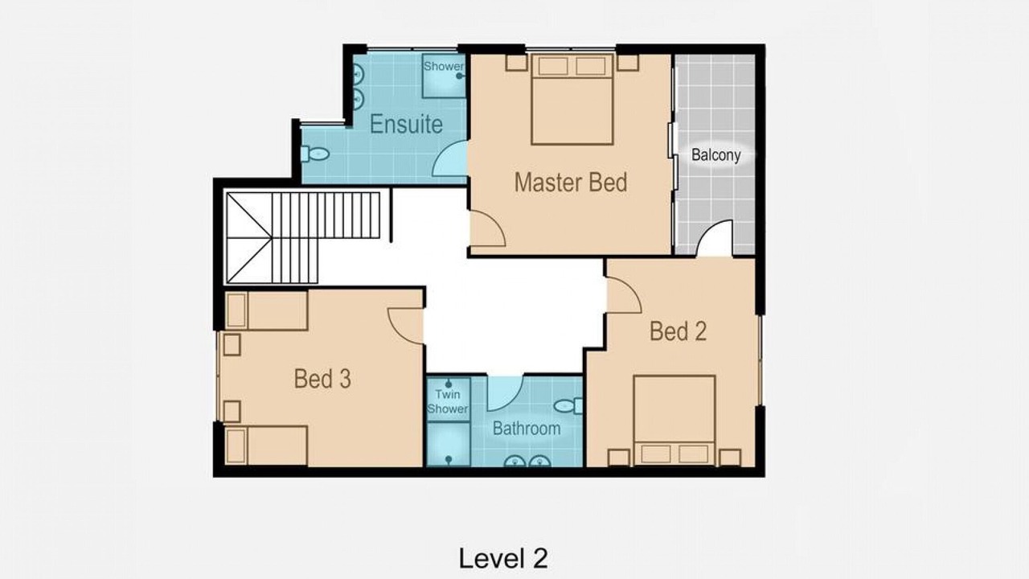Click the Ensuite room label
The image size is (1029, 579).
coord(406,124)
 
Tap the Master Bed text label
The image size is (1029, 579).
coord(571,183)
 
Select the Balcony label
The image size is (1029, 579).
coord(716,155)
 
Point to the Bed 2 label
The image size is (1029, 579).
coord(678,331)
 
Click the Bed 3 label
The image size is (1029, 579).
coord(322,379)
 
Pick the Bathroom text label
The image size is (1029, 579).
coord(527,429)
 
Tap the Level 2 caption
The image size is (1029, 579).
coord(503,558)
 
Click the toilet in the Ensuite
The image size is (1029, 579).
coord(314,154)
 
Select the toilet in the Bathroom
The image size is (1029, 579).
coord(568,406)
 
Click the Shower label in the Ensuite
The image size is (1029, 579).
coord(443,66)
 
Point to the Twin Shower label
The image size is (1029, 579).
coord(448,401)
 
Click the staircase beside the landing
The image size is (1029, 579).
coord(303,237)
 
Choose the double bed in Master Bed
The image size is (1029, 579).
coord(572,99)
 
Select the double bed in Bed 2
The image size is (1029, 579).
coord(674,421)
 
